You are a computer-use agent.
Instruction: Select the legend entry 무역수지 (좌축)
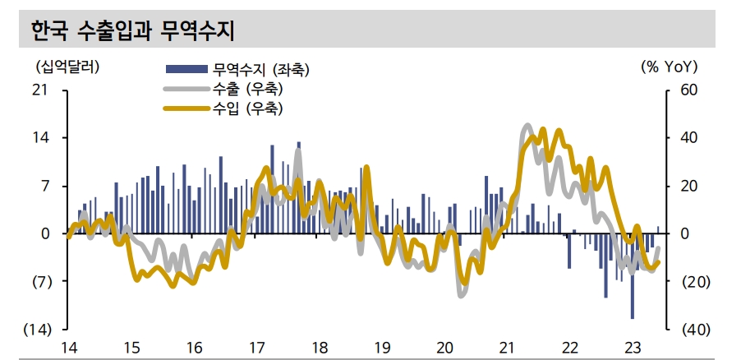[x=260, y=70]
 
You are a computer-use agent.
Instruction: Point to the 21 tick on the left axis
[x=39, y=90]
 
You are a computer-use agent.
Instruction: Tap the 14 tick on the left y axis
[x=39, y=138]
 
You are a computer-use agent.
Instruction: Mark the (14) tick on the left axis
[x=38, y=330]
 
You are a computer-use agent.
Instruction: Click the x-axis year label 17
[x=255, y=347]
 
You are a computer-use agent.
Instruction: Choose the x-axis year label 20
[x=444, y=347]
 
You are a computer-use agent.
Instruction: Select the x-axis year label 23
[x=633, y=347]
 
